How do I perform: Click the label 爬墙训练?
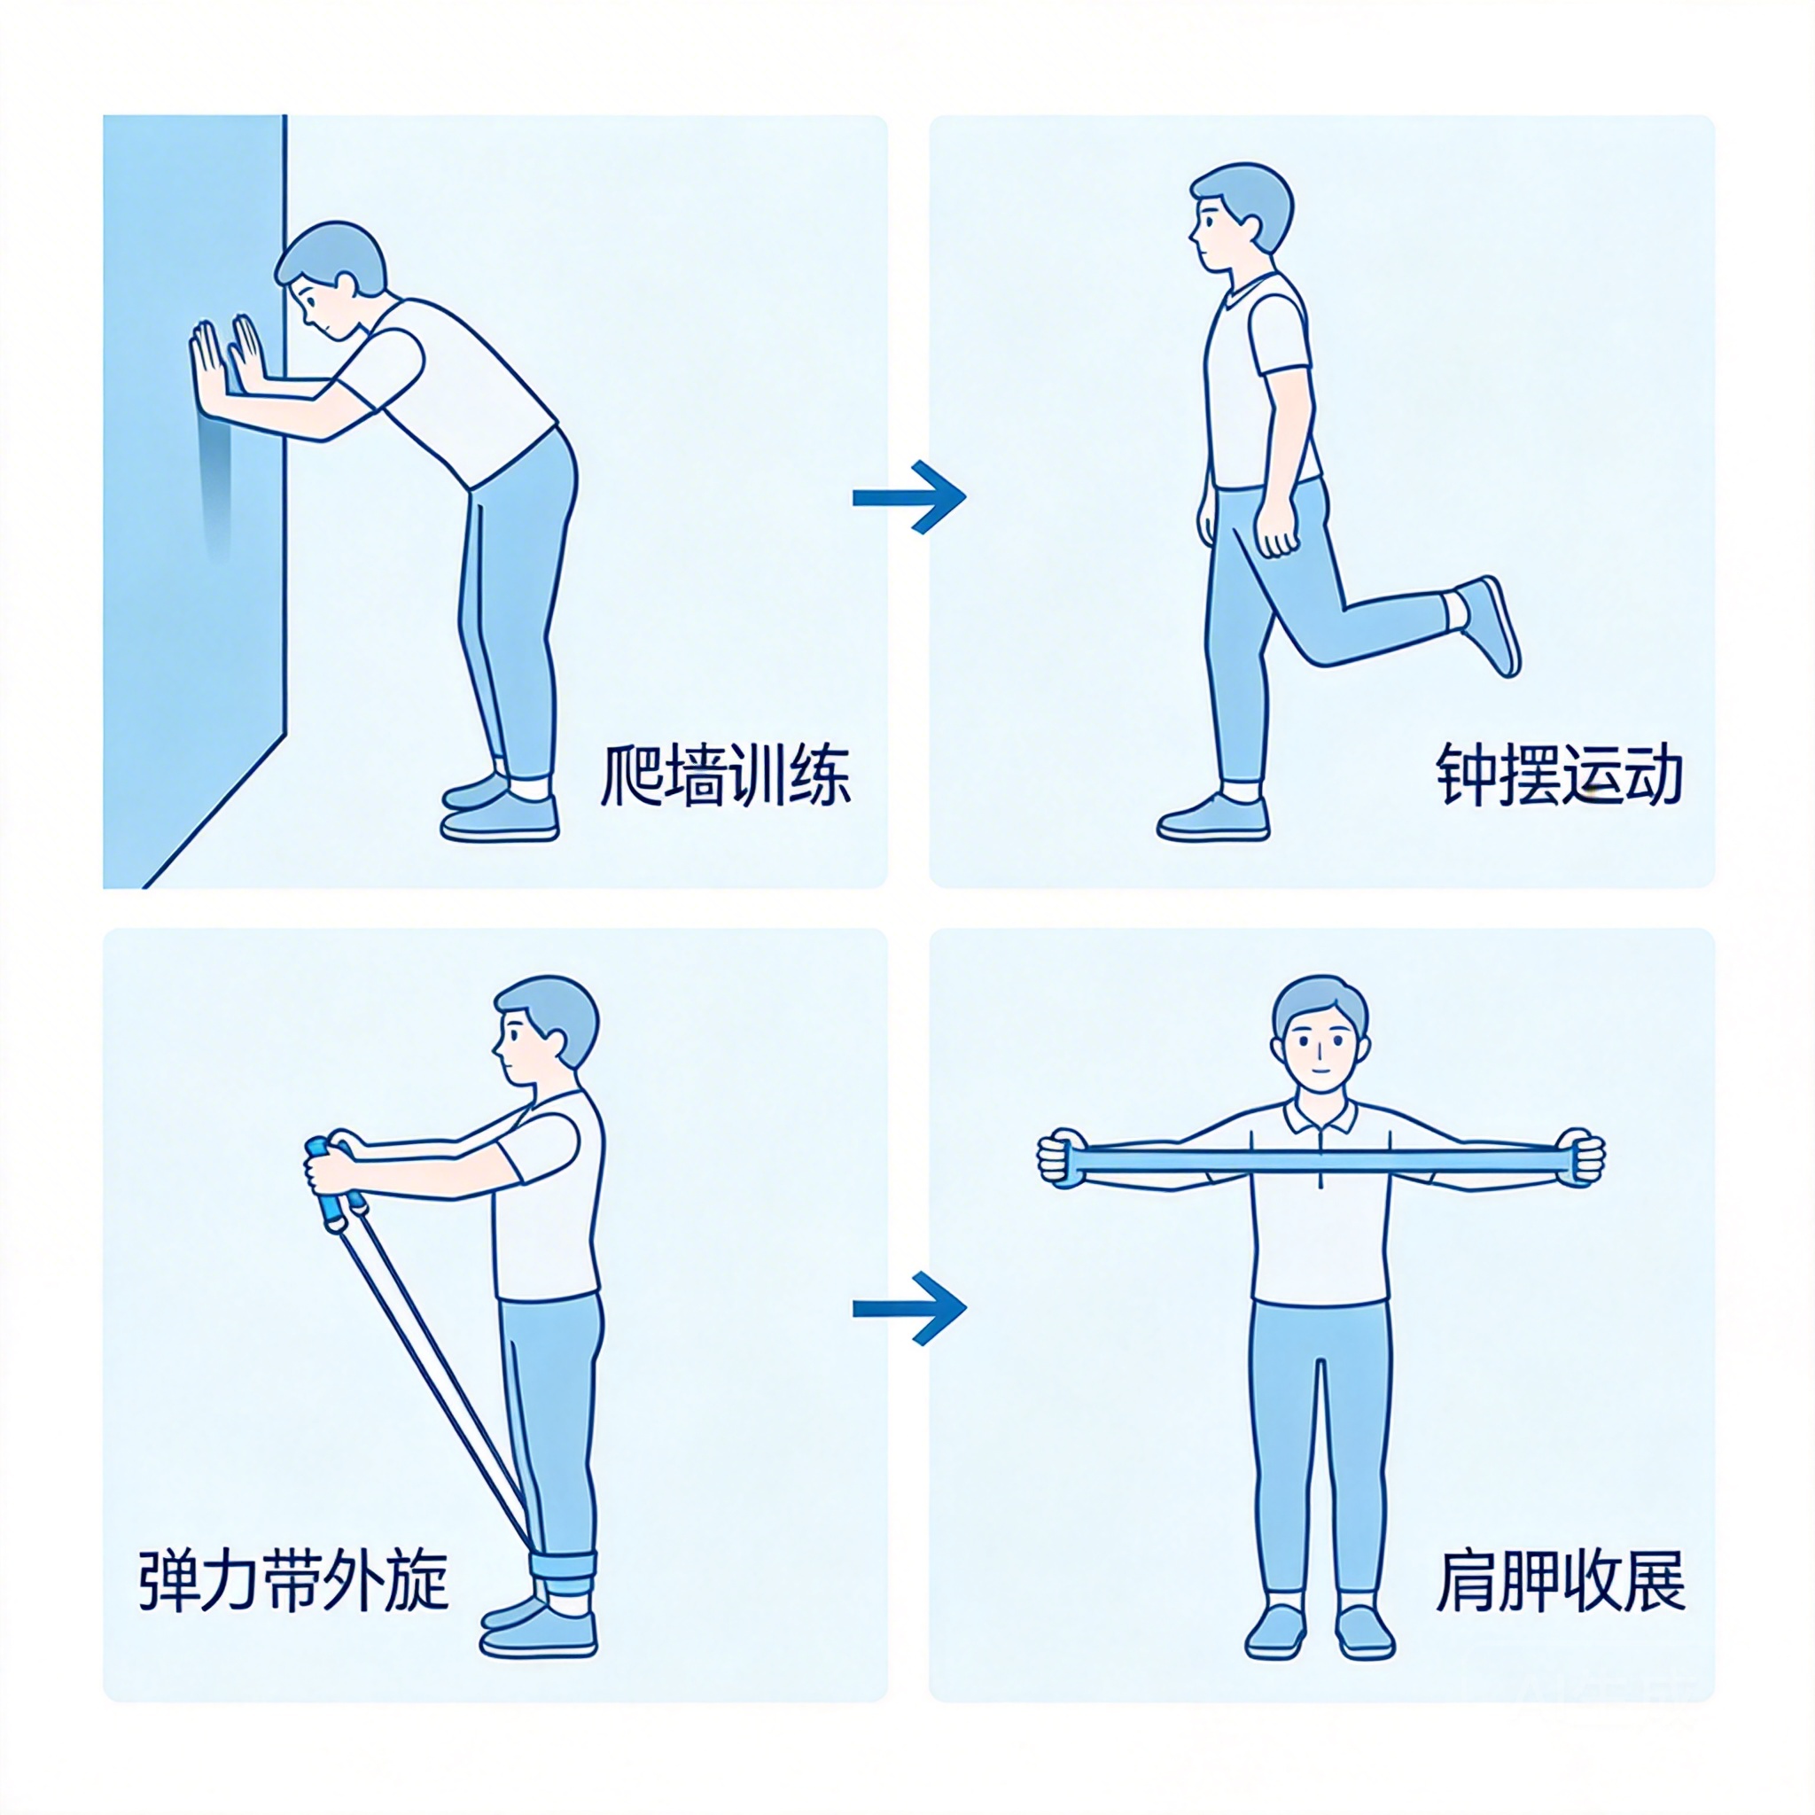pos(724,776)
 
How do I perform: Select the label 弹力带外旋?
pos(293,1580)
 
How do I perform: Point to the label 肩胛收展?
pos(1560,1580)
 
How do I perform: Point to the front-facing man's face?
pos(1319,1043)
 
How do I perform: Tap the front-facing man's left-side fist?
pos(1062,1160)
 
